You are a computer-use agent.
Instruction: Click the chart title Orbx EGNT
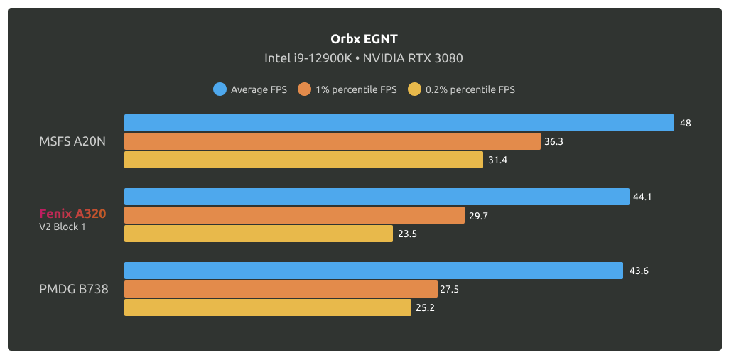(x=364, y=39)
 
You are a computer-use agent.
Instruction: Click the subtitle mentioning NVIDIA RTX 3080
(x=364, y=58)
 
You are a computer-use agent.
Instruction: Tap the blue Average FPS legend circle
(x=220, y=89)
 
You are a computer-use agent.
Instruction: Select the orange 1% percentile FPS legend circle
(x=306, y=89)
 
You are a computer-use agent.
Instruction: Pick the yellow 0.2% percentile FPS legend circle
(x=415, y=89)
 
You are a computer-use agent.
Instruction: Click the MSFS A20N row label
(x=72, y=141)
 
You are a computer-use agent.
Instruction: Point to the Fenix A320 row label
(x=72, y=212)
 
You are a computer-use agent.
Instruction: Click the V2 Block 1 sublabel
(x=63, y=227)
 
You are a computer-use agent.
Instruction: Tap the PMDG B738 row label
(x=74, y=289)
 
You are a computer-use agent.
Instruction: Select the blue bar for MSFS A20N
(x=399, y=123)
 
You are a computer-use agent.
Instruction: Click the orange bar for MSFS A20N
(x=332, y=141)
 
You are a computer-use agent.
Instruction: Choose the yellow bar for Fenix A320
(x=258, y=234)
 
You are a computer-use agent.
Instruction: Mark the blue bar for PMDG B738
(x=373, y=271)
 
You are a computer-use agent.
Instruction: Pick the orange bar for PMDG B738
(x=280, y=289)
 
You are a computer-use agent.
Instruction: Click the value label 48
(x=685, y=123)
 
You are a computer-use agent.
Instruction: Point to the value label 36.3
(x=553, y=142)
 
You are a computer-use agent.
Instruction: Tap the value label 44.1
(x=642, y=197)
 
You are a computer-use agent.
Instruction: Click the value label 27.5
(x=450, y=289)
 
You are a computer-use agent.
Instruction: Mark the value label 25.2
(x=424, y=307)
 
